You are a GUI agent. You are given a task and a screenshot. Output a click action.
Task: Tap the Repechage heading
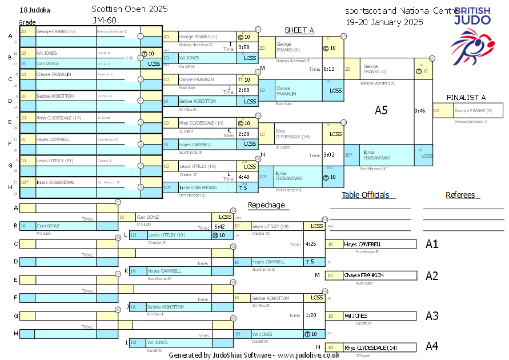pyautogui.click(x=266, y=205)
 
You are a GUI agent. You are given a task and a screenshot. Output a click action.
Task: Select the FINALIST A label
pyautogui.click(x=466, y=97)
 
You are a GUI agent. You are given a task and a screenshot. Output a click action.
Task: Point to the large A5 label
pyautogui.click(x=381, y=110)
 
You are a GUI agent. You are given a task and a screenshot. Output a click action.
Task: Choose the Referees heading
pyautogui.click(x=460, y=195)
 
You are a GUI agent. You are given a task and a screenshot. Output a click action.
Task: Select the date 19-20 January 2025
pyautogui.click(x=384, y=22)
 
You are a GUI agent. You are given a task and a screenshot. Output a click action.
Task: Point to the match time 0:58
pyautogui.click(x=244, y=47)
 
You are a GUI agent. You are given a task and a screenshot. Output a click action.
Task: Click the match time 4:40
pyautogui.click(x=244, y=177)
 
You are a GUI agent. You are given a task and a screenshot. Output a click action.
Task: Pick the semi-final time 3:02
pyautogui.click(x=328, y=154)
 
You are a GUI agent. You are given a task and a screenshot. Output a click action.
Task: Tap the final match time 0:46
pyautogui.click(x=420, y=110)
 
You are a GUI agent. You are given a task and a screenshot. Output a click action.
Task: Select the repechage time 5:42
pyautogui.click(x=219, y=227)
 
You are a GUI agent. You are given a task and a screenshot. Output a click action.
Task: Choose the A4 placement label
pyautogui.click(x=432, y=346)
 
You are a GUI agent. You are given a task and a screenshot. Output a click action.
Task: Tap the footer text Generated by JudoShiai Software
pyautogui.click(x=254, y=355)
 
